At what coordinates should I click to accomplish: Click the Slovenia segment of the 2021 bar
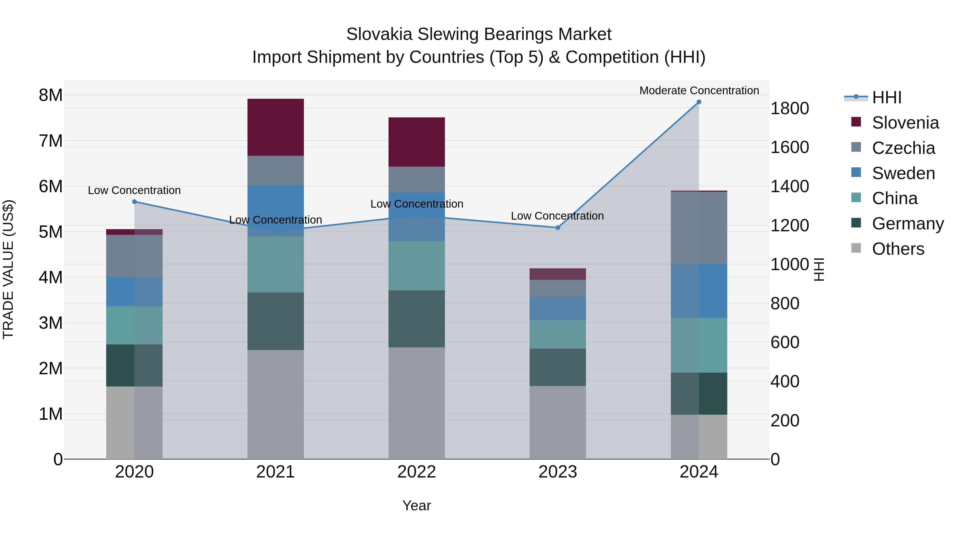click(x=276, y=127)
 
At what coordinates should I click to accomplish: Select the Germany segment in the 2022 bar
click(x=416, y=319)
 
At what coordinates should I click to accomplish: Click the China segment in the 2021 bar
click(x=276, y=265)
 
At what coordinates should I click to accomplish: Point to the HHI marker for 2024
click(x=699, y=102)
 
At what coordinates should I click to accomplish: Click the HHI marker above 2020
click(x=135, y=201)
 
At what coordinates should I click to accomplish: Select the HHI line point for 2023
click(x=558, y=228)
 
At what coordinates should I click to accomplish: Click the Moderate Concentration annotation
click(x=699, y=90)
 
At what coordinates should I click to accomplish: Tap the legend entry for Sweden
click(x=903, y=173)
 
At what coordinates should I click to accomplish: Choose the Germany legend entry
click(x=907, y=224)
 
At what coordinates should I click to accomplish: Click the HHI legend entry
click(x=886, y=97)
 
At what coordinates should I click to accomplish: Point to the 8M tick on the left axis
click(x=51, y=95)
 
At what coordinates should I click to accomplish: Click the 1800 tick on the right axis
click(x=790, y=109)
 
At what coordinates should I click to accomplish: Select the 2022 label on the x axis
click(x=416, y=472)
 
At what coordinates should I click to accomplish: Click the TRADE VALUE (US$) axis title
click(x=8, y=269)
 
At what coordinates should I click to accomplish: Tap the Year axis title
click(x=416, y=505)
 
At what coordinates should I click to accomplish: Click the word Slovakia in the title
click(x=379, y=34)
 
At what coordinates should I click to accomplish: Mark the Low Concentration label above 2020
click(x=134, y=191)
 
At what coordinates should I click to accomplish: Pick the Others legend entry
click(x=898, y=249)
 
